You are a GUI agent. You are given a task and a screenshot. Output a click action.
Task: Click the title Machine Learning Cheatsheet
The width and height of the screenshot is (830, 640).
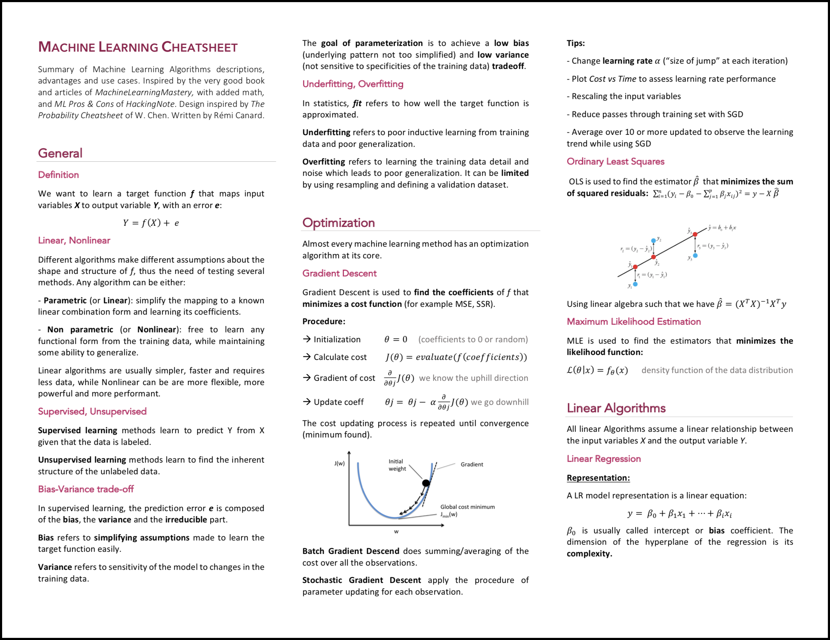coord(138,47)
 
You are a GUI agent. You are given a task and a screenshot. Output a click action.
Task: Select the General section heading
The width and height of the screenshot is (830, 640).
coord(60,153)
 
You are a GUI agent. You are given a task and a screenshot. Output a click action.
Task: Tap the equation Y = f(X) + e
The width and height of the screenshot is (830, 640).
coord(151,223)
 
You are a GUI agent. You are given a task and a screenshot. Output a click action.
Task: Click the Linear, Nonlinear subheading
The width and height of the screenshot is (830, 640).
coord(74,240)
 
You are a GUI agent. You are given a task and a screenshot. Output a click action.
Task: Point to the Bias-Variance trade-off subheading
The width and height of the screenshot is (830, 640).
coord(86,489)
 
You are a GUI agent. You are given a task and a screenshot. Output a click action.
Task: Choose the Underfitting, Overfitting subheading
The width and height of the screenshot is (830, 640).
coord(353,84)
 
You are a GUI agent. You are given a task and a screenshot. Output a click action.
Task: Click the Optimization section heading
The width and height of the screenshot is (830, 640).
coord(338,222)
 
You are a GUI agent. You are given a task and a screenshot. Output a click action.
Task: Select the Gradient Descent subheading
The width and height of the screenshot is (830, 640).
coord(340,273)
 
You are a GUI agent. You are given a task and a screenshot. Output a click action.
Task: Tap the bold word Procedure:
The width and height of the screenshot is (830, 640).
coord(324,321)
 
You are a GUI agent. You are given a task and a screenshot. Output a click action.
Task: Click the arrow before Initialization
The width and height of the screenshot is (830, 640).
coord(307,339)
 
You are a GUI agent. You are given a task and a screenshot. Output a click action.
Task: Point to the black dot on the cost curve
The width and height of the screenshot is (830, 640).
coord(426,483)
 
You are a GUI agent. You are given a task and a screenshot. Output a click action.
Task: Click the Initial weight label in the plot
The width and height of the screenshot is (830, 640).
coord(397,465)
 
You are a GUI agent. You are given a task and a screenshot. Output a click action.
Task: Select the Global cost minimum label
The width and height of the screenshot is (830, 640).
coord(467,507)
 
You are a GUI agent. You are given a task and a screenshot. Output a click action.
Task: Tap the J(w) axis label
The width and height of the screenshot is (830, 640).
coord(340,463)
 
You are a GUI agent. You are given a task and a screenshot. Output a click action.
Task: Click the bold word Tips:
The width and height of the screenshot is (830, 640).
coord(576,43)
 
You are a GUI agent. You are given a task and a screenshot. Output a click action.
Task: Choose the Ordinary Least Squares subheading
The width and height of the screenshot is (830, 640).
coord(615,162)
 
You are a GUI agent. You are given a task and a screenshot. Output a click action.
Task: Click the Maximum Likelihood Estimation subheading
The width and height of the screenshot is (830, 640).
coord(634,321)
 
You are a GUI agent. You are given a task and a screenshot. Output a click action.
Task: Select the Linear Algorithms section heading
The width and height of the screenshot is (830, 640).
coord(616,408)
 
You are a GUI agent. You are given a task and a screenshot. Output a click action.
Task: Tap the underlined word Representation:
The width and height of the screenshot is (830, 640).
coord(598,478)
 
